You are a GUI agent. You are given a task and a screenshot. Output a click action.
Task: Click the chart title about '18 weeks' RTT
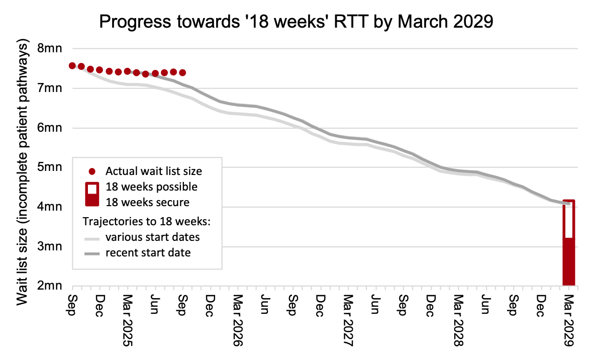(296, 22)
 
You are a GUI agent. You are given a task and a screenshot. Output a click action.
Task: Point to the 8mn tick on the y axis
(50, 49)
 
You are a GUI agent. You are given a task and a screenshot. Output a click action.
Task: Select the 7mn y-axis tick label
(50, 88)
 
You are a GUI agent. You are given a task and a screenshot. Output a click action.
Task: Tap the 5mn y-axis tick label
(50, 167)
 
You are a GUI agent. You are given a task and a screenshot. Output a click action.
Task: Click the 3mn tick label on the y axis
(50, 246)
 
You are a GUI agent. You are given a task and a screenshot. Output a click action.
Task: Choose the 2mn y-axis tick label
(50, 286)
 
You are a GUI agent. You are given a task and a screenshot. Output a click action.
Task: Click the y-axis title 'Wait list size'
(23, 174)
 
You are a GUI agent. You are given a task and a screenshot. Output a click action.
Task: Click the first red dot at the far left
(72, 66)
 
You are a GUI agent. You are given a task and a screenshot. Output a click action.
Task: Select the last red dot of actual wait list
(182, 73)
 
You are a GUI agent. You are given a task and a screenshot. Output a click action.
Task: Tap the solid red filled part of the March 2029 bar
(568, 261)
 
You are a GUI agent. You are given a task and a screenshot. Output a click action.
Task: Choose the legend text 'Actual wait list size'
(154, 171)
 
